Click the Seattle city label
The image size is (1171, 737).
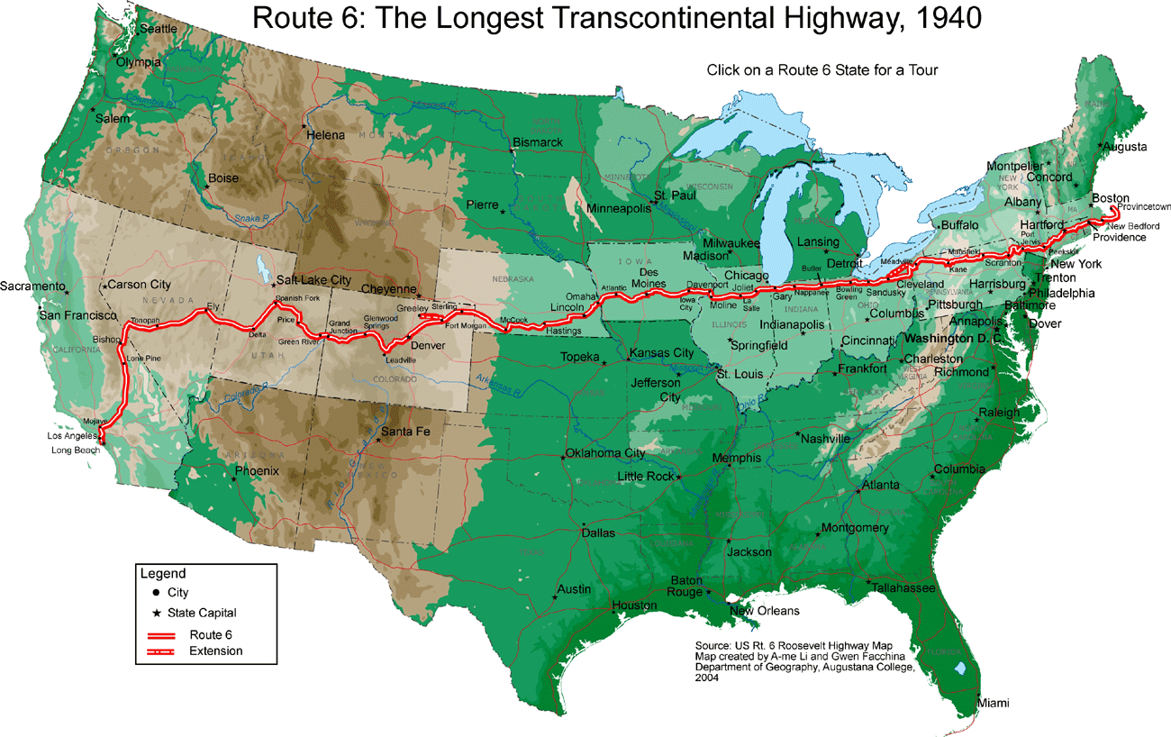pyautogui.click(x=159, y=29)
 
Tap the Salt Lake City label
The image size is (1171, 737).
pyautogui.click(x=313, y=280)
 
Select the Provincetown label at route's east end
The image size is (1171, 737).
pyautogui.click(x=1141, y=207)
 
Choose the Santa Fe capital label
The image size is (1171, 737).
pyautogui.click(x=406, y=432)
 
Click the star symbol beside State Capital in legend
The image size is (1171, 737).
pyautogui.click(x=156, y=613)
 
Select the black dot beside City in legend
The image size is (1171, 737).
pyautogui.click(x=156, y=593)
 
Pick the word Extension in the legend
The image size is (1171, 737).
pyautogui.click(x=216, y=651)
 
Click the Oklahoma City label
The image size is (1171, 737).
pyautogui.click(x=605, y=452)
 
